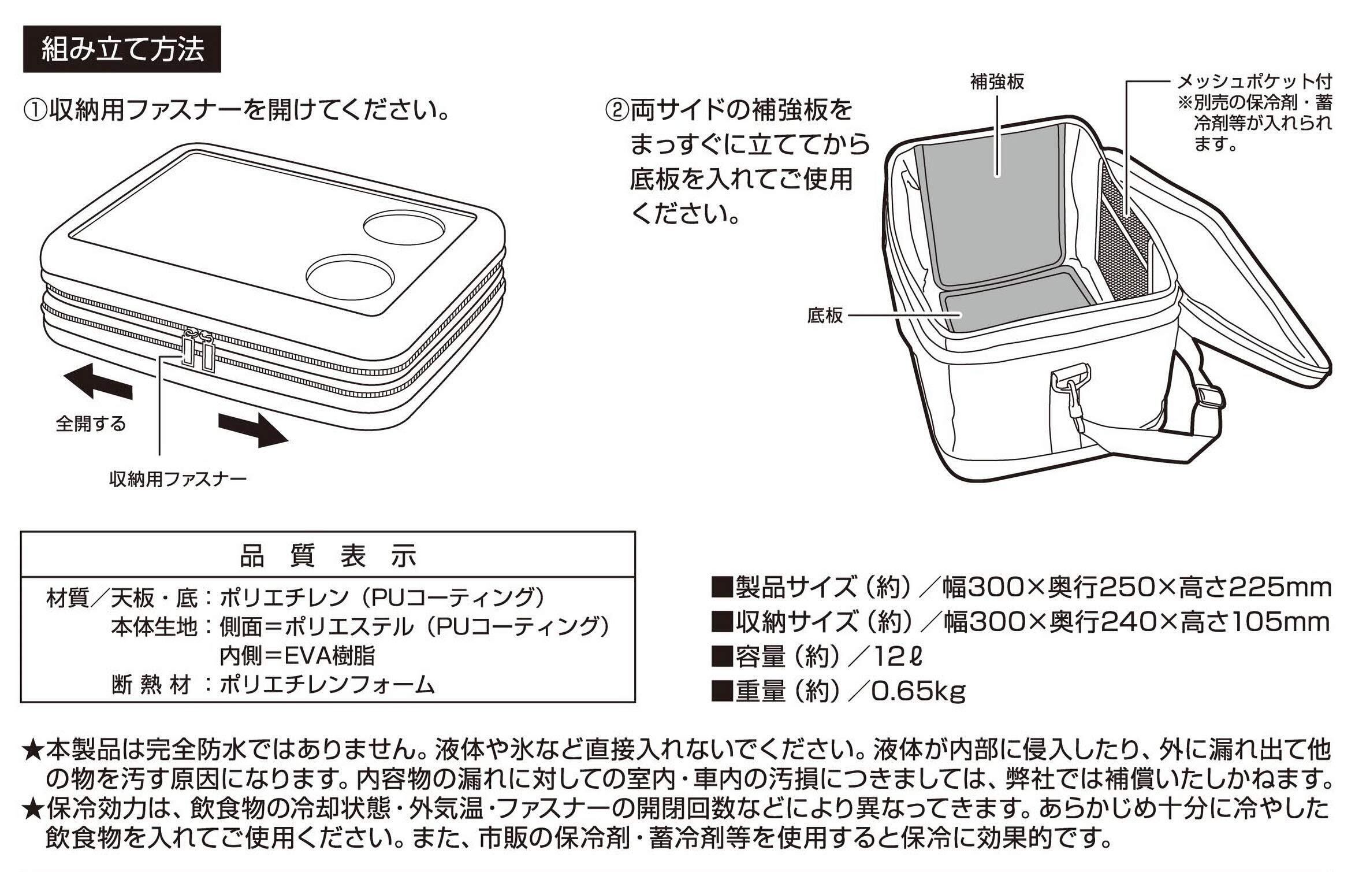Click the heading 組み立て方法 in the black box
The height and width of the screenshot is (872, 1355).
click(x=122, y=49)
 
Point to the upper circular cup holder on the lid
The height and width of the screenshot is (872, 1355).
click(x=404, y=227)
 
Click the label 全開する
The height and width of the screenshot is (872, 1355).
click(x=91, y=424)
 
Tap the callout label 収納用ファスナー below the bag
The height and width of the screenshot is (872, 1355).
click(x=178, y=479)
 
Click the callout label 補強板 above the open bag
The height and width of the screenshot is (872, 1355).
click(x=997, y=82)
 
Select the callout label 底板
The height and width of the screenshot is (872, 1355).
click(x=825, y=316)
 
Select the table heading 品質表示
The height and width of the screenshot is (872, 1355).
click(x=327, y=556)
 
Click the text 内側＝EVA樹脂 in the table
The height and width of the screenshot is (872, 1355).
click(x=297, y=656)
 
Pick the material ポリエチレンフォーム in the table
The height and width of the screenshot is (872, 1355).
click(x=327, y=685)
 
